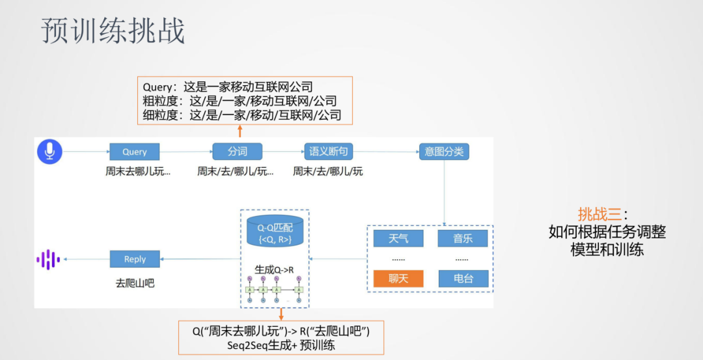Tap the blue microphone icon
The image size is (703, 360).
coord(49,151)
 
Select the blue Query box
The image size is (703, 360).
coord(135,152)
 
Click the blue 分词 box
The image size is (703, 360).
coord(237,152)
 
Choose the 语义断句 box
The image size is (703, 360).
coord(328,152)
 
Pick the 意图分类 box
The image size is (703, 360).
coord(444,152)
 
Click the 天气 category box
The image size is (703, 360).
coord(398,238)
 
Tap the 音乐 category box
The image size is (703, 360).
coord(463,238)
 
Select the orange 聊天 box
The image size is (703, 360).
coord(398,279)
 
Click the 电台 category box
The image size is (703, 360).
coord(463,279)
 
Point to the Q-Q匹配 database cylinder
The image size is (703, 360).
coord(275,231)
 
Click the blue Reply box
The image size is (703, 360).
coord(135,259)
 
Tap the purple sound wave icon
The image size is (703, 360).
coord(48,259)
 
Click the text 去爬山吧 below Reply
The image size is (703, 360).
coord(135,283)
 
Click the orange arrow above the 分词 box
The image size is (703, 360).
coord(240,132)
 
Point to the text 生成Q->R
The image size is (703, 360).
coord(274,268)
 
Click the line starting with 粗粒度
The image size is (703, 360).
coord(240,101)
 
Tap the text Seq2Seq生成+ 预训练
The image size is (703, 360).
coord(281,345)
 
